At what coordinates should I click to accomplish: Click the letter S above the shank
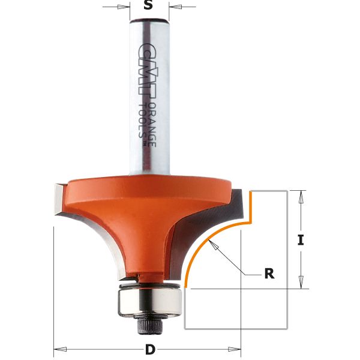click(x=149, y=7)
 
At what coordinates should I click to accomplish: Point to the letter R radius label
click(x=269, y=274)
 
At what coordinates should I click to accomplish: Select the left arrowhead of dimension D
click(x=58, y=349)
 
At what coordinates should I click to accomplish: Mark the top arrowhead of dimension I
click(x=301, y=194)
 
